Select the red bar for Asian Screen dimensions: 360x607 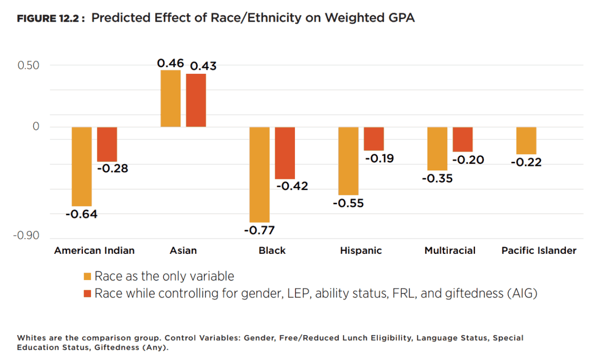coord(196,100)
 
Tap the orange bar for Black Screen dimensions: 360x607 coord(259,174)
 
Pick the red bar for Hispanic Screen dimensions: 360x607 coord(374,139)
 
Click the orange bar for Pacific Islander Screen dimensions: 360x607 coord(527,141)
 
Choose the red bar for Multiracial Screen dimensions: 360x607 coord(463,139)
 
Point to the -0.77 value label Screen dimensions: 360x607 coord(259,231)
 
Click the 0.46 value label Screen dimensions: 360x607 coord(170,63)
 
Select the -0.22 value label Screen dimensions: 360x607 coord(526,162)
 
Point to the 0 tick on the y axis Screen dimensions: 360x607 coord(36,126)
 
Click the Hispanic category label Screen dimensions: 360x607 coord(361,250)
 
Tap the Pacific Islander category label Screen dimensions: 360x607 coord(539,250)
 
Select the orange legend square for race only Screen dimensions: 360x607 coord(88,277)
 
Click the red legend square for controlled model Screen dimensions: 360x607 coord(88,293)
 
